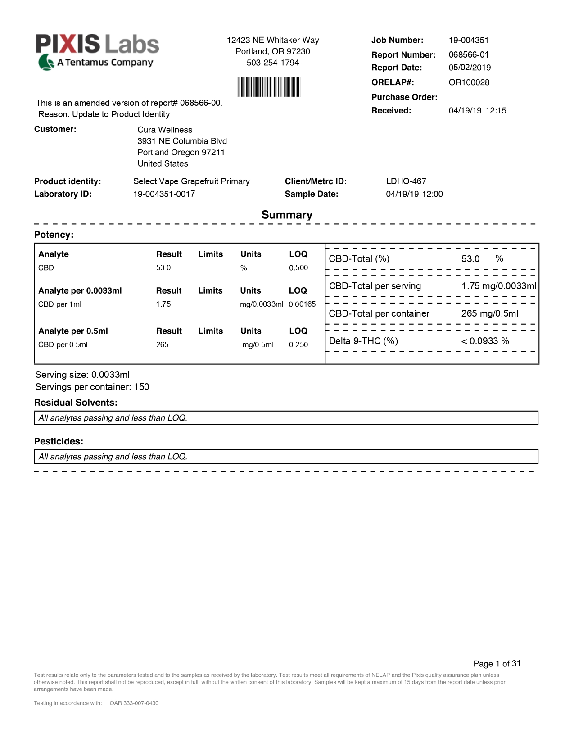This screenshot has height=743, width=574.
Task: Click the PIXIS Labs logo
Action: coord(97,51)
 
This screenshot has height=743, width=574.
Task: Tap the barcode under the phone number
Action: coord(269,86)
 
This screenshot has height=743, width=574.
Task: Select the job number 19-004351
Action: coord(468,40)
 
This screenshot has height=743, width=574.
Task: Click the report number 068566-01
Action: coord(468,55)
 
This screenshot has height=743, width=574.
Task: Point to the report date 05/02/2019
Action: coord(470,68)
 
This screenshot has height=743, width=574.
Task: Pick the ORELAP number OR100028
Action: coord(469,82)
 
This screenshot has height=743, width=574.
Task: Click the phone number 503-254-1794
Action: coord(273,63)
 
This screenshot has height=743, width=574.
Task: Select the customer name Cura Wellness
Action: coord(165,130)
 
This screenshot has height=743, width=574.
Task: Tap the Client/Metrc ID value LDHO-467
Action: coord(406,181)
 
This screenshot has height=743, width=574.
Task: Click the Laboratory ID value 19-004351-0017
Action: coord(164,194)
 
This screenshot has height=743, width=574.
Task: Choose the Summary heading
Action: coord(287,215)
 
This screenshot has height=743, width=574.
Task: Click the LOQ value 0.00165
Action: coord(302,304)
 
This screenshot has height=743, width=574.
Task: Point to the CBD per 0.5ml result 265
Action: coord(162,345)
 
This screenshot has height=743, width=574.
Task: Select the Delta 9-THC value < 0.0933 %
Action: coord(485,341)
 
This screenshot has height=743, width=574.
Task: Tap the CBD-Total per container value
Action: coord(489,313)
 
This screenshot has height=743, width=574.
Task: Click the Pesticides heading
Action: coord(59,441)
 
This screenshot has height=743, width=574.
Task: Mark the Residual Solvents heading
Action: coord(76,403)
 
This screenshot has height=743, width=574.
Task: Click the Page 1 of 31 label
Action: coord(497,664)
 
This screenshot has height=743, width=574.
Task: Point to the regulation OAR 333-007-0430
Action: coord(134,703)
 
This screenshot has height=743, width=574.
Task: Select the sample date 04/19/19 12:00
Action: coord(414,194)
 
